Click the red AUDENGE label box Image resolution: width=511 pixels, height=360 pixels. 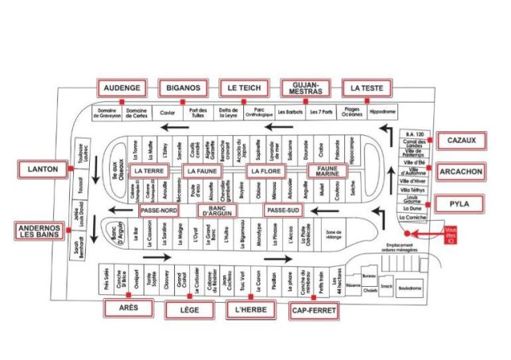click(x=121, y=87)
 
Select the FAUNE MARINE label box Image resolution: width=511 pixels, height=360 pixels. click(x=323, y=170)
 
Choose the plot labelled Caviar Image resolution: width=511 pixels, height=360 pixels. click(x=168, y=112)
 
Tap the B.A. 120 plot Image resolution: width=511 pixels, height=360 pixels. click(x=411, y=133)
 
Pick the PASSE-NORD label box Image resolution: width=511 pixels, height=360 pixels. click(x=159, y=210)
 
